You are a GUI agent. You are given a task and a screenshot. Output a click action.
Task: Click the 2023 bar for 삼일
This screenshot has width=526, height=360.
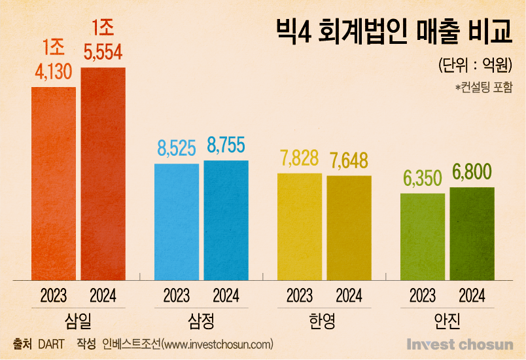(54, 183)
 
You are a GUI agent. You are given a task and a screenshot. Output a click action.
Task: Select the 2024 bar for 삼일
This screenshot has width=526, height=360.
(103, 173)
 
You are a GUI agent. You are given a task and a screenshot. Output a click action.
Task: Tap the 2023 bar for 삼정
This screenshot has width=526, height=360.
(177, 222)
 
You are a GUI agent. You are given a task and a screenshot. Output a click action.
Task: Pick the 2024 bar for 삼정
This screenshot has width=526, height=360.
(226, 220)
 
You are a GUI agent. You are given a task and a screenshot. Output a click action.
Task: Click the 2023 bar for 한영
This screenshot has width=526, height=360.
(300, 226)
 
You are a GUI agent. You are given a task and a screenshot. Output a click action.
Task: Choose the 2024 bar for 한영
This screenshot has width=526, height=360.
(349, 228)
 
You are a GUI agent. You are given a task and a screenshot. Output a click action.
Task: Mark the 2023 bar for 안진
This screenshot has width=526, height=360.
(423, 236)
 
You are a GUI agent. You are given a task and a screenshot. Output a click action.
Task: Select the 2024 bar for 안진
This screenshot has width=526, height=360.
(472, 234)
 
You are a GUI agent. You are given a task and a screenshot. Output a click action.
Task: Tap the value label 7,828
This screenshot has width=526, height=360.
(300, 159)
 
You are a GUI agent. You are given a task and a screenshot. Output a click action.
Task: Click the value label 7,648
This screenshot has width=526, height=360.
(349, 161)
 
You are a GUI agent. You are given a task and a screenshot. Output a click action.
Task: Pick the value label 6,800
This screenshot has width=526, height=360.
(472, 173)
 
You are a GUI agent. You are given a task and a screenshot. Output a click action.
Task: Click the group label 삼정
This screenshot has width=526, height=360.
(201, 321)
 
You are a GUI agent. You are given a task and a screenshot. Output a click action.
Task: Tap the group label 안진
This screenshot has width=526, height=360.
(447, 321)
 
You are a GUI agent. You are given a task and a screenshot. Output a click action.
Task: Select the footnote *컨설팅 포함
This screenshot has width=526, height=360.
(483, 86)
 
